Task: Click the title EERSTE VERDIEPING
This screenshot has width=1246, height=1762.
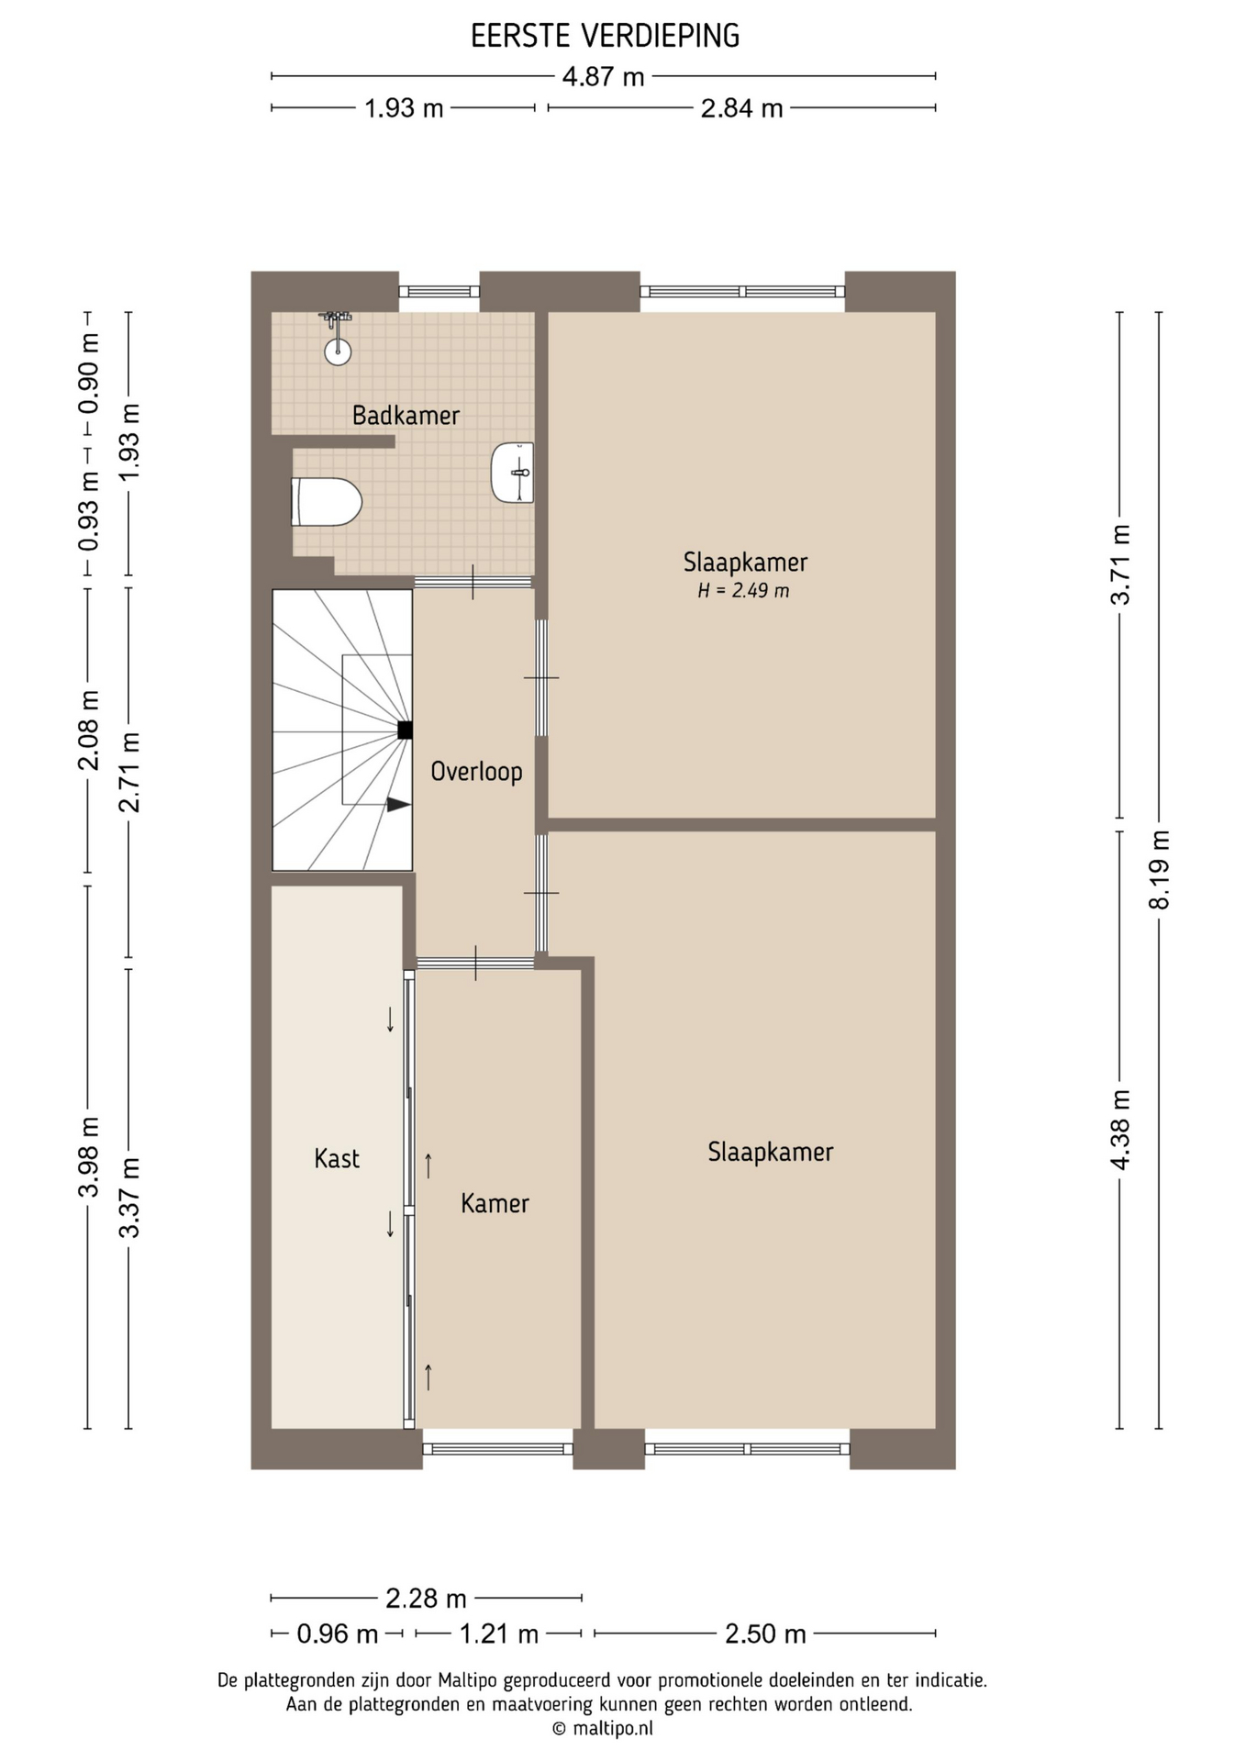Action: point(605,36)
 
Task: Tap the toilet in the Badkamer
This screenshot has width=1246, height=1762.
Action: point(327,502)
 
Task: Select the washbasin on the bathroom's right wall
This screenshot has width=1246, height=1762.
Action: point(513,473)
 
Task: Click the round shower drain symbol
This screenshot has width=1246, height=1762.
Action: point(338,350)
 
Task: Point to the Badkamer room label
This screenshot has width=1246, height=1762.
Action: point(406,416)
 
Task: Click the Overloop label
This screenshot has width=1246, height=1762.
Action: point(476,771)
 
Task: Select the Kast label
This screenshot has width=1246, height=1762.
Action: point(337,1158)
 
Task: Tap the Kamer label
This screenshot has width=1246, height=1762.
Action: point(495,1203)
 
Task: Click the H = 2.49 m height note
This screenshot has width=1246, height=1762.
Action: point(743,591)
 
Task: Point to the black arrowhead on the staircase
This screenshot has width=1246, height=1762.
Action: point(398,805)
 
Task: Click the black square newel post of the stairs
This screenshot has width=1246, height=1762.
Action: point(405,730)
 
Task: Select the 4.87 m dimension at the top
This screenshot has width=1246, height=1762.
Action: point(603,77)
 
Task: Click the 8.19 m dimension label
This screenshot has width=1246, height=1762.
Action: point(1160,869)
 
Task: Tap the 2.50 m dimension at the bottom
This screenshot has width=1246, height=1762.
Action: point(765,1634)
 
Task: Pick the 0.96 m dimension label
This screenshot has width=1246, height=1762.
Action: point(337,1634)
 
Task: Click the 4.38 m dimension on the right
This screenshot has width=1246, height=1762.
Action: point(1120,1129)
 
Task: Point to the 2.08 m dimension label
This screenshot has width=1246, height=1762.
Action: point(88,730)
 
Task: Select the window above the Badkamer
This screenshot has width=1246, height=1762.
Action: point(439,292)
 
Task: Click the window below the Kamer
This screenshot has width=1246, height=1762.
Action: point(498,1449)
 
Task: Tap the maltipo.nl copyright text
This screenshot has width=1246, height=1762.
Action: point(603,1729)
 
